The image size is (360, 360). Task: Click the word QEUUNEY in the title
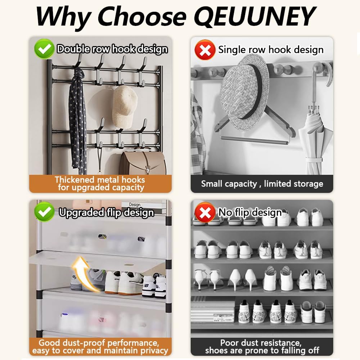click(x=255, y=17)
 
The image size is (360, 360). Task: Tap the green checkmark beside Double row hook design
click(x=44, y=49)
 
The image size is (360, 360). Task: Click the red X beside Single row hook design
click(x=205, y=50)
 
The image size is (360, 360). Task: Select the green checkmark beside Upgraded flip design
click(x=44, y=212)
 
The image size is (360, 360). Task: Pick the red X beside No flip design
click(x=205, y=212)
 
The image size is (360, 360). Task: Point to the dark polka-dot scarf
click(x=78, y=120)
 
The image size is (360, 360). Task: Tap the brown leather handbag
click(x=143, y=163)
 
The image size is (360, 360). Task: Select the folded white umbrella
click(x=315, y=140)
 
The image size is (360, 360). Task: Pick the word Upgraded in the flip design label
click(x=82, y=213)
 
